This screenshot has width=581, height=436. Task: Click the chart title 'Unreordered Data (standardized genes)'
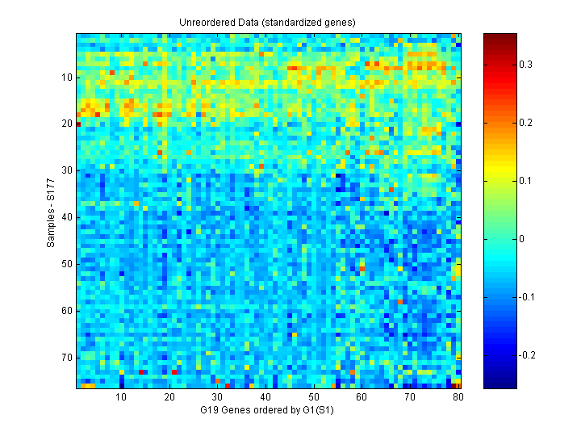click(x=268, y=22)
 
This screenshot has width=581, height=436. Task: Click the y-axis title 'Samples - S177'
click(x=51, y=212)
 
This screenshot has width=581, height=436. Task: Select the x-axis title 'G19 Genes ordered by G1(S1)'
click(x=268, y=411)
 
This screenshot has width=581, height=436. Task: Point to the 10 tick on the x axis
click(x=121, y=397)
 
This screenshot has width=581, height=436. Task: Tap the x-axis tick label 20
click(x=169, y=397)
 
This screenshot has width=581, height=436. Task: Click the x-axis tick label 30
click(x=217, y=397)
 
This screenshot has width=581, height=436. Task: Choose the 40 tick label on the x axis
click(x=265, y=397)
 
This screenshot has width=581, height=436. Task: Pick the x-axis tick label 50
click(x=314, y=397)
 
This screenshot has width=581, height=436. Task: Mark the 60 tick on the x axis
click(x=362, y=397)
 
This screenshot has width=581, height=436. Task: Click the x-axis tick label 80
click(x=458, y=397)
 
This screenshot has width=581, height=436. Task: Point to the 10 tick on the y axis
click(x=66, y=78)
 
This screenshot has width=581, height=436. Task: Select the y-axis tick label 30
click(x=66, y=170)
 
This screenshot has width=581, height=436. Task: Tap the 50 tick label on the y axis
click(x=66, y=264)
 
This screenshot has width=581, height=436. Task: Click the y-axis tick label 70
click(x=66, y=357)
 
